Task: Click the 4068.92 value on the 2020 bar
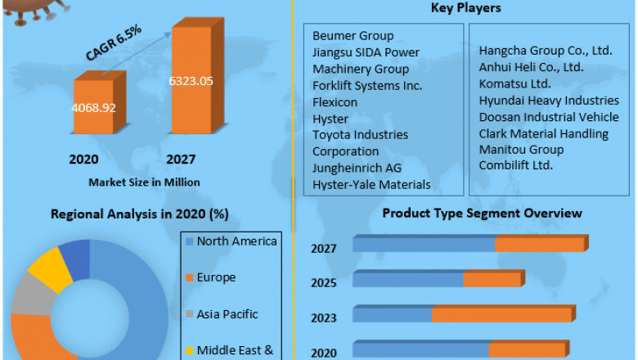pyautogui.click(x=94, y=107)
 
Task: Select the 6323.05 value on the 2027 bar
pyautogui.click(x=191, y=81)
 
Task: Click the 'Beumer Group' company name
pyautogui.click(x=353, y=35)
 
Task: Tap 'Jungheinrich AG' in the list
pyautogui.click(x=357, y=168)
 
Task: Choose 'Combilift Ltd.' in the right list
pyautogui.click(x=516, y=166)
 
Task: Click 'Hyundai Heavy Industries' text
pyautogui.click(x=549, y=100)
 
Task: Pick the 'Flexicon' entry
pyautogui.click(x=335, y=102)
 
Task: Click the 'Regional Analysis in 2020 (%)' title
pyautogui.click(x=139, y=214)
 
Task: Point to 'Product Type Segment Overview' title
pyautogui.click(x=483, y=213)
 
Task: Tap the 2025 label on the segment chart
pyautogui.click(x=323, y=282)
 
